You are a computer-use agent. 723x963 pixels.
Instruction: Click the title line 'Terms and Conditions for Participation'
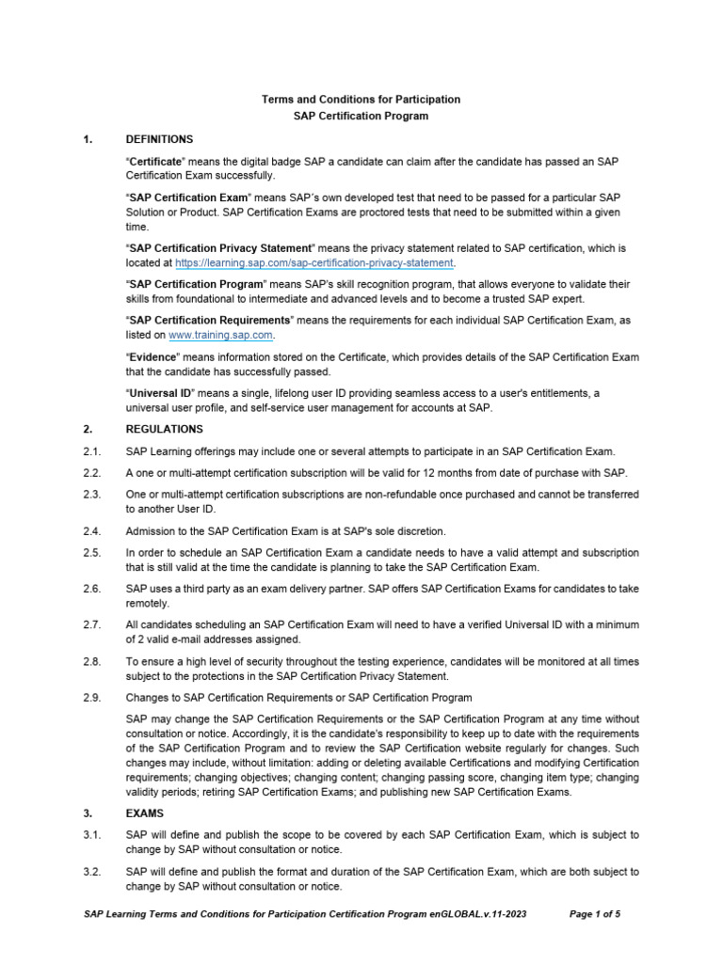click(x=361, y=99)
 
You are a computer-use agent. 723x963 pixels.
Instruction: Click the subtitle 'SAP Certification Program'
click(x=361, y=117)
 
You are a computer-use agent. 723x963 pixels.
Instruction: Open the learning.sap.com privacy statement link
click(x=314, y=263)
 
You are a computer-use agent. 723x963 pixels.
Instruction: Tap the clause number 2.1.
click(x=91, y=451)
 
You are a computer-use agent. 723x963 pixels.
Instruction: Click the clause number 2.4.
click(x=91, y=532)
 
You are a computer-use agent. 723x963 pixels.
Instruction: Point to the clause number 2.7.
click(x=91, y=625)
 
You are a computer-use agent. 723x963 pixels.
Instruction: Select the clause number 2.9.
click(x=91, y=697)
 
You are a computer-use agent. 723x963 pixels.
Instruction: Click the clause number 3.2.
click(x=91, y=872)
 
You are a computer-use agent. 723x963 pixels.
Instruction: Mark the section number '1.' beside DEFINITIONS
click(x=88, y=139)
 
